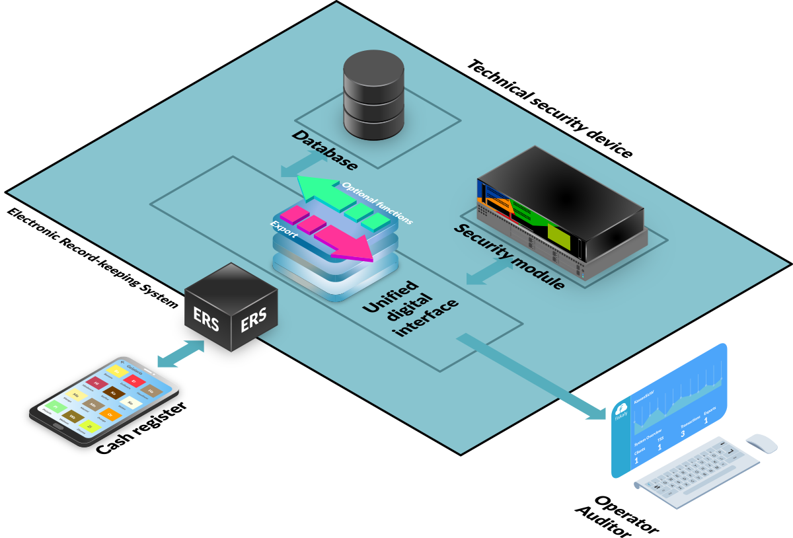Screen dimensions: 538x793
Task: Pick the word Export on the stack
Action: [281, 229]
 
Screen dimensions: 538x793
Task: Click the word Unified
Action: [391, 297]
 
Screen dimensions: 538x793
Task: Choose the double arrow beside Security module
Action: [490, 271]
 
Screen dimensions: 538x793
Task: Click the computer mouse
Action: [761, 442]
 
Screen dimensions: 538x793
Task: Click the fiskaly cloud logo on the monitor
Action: [621, 410]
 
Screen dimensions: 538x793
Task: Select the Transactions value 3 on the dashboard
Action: [683, 434]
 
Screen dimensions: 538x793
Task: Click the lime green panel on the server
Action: [558, 236]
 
